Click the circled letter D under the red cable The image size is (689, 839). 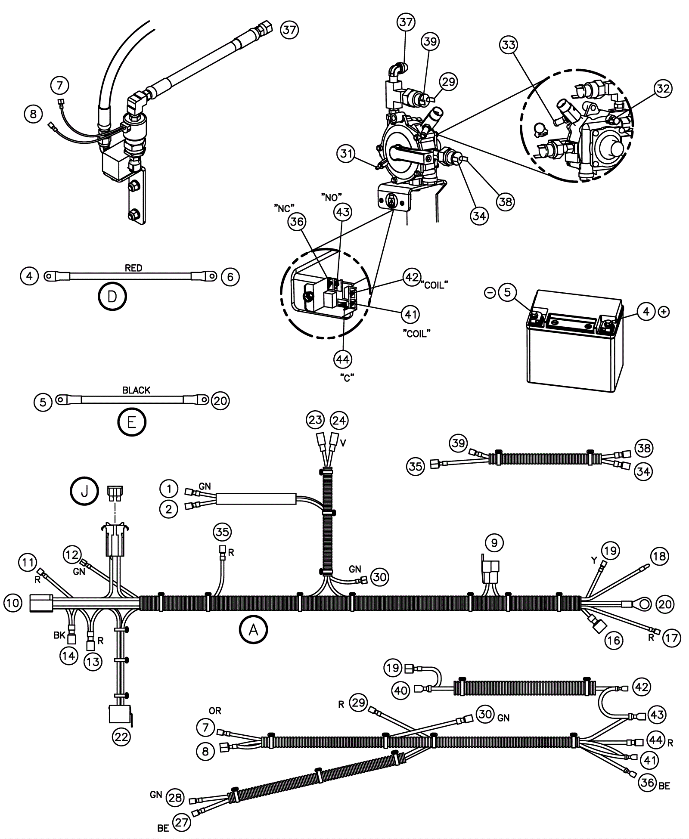pos(112,296)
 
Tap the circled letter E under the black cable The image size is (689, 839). pos(132,422)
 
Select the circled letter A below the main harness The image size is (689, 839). pos(254,630)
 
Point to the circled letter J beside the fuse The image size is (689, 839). pos(84,491)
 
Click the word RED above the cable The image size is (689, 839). pos(133,268)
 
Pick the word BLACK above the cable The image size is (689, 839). pos(136,390)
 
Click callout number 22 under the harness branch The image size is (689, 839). pos(121,737)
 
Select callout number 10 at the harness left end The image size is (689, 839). pos(13,603)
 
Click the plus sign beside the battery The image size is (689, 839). pos(664,312)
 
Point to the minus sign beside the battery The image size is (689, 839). pos(490,293)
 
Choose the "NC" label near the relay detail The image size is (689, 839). pos(284,208)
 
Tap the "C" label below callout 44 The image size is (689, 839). pos(347,378)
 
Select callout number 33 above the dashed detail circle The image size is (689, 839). pos(509,45)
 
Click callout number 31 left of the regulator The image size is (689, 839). pos(347,154)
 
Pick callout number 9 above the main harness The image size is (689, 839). pos(494,543)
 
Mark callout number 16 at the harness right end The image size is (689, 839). pos(614,640)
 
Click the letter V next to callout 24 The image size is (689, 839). pos(343,443)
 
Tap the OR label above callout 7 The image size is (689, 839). pos(215,711)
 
